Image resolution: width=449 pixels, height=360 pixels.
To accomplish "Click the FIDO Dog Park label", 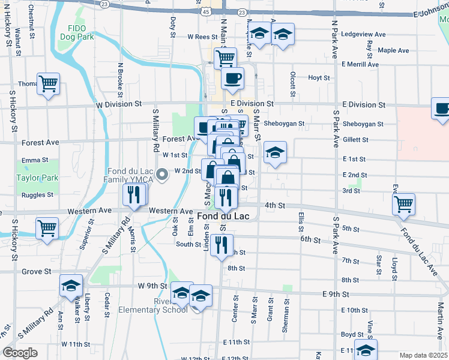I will coord(77,32).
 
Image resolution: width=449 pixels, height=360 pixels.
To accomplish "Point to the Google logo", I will coord(20,353).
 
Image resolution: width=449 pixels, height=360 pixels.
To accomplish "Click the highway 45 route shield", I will coord(206,11).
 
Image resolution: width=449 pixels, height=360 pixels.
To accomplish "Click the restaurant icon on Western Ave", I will coord(134,194).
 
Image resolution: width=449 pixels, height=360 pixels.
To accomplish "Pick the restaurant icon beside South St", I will coord(221,244).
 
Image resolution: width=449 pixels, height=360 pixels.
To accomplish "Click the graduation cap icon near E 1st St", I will coord(275,152).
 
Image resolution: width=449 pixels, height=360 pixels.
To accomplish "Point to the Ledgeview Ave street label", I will coord(363,35).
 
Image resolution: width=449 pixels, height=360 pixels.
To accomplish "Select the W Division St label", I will coord(118,104).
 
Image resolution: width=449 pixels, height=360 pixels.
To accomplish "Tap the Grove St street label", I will coord(36,272).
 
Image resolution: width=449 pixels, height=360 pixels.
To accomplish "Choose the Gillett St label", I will coord(355,140).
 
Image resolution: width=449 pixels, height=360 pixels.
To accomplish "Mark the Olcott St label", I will coord(292,85).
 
